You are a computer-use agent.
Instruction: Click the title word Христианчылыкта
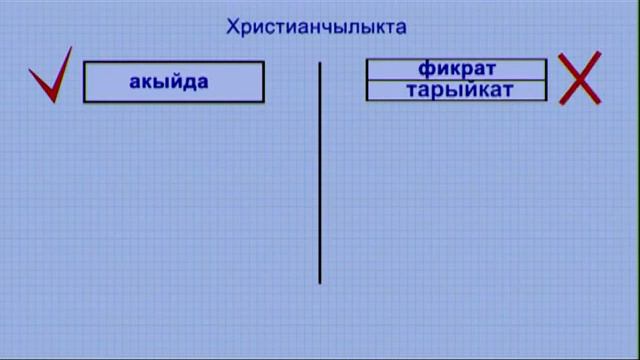pos(317,27)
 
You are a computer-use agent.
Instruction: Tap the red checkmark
pos(50,78)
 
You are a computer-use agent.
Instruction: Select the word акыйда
pos(168,82)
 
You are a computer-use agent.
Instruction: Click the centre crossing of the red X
pos(580,79)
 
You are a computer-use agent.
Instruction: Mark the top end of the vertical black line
pos(320,63)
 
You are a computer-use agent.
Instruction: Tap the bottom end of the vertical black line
pos(320,283)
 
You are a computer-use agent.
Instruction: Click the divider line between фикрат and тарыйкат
pos(456,80)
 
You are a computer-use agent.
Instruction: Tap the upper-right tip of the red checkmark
pos(71,49)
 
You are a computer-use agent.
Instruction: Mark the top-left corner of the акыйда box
pos(83,62)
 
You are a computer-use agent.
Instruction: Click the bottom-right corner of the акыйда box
pos(264,102)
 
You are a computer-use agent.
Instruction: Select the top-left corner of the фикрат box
pos(367,60)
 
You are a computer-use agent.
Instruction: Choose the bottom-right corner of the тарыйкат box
pos(547,100)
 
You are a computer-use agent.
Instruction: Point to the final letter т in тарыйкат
pos(507,90)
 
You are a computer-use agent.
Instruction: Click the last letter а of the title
pos(400,27)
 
